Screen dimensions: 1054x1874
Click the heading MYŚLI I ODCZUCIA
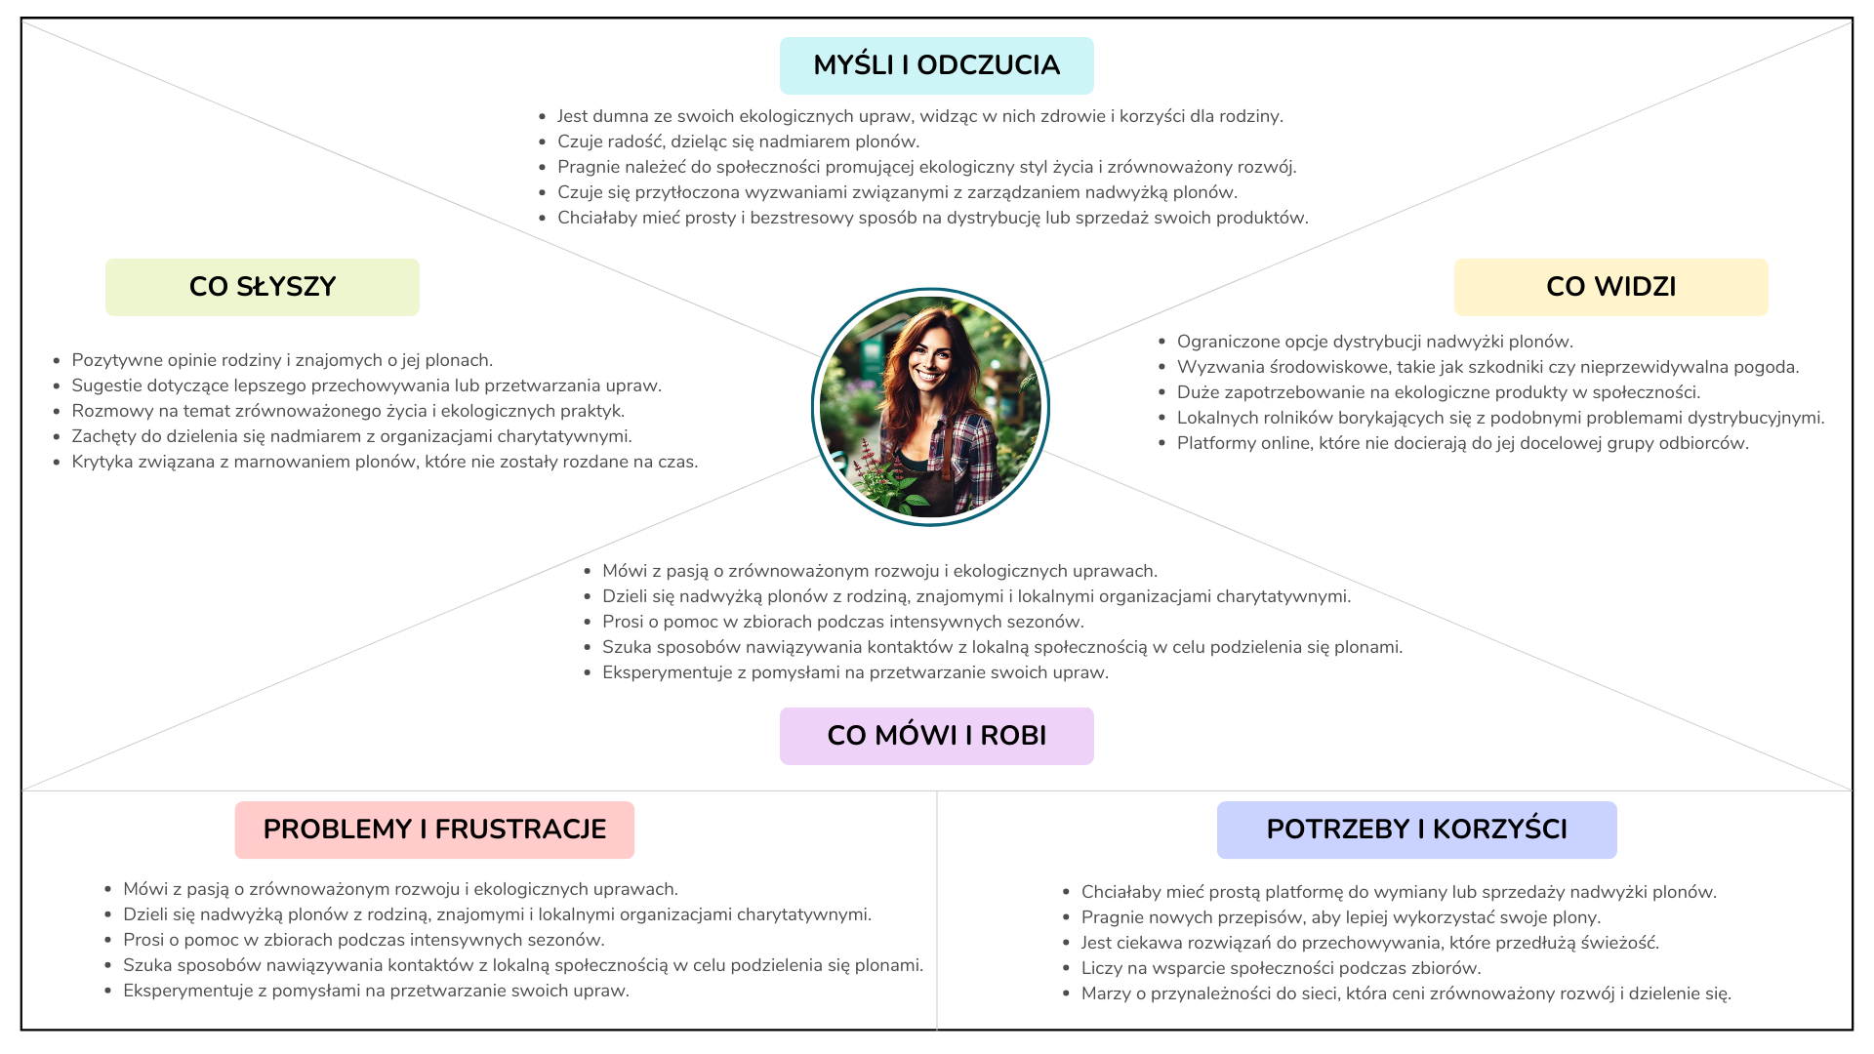[x=936, y=65]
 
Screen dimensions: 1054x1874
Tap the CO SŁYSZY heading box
[x=262, y=287]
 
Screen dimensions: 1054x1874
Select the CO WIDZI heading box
[x=1610, y=287]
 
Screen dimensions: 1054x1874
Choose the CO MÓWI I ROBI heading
[x=936, y=736]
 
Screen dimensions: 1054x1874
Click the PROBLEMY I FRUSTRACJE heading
[x=434, y=830]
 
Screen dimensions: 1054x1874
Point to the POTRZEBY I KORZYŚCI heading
[x=1416, y=830]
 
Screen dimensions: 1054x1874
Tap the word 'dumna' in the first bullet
[x=620, y=116]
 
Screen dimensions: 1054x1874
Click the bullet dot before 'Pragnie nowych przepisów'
[x=1066, y=917]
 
